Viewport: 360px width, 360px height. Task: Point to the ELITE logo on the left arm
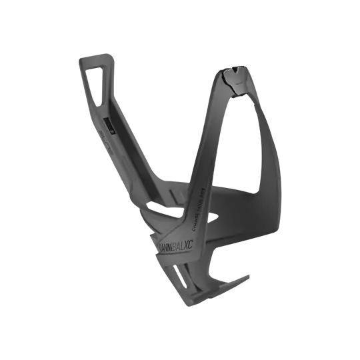point(109,143)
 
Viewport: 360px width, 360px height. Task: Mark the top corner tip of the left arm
point(79,58)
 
